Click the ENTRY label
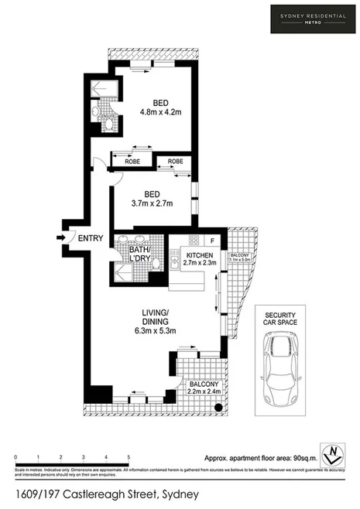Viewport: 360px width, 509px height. pyautogui.click(x=90, y=238)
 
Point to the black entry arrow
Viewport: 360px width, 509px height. pyautogui.click(x=61, y=238)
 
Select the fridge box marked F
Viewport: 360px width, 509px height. pyautogui.click(x=213, y=238)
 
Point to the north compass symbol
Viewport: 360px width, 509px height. pyautogui.click(x=333, y=451)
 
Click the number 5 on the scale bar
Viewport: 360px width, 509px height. pyautogui.click(x=129, y=459)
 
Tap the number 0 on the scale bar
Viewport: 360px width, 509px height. pyautogui.click(x=15, y=459)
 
